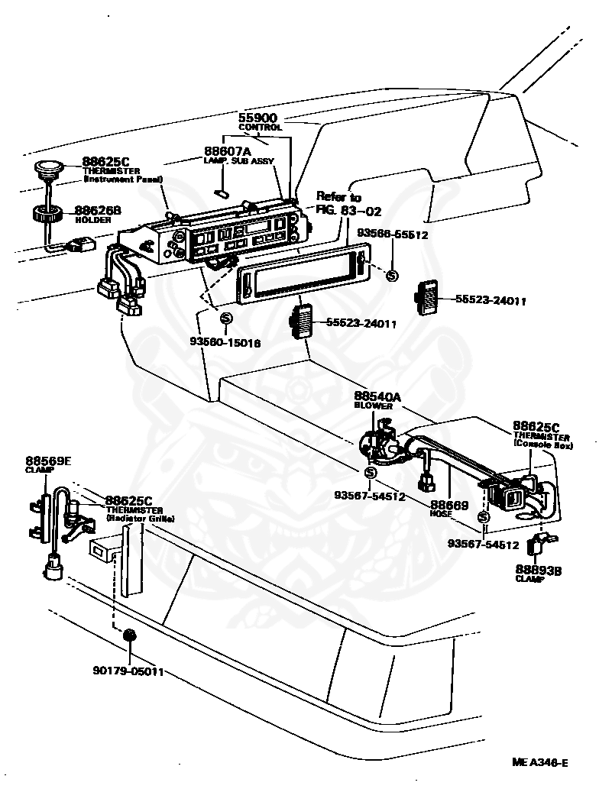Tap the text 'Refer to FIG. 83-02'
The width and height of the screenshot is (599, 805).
click(x=348, y=204)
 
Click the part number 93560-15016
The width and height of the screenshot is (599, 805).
click(x=225, y=343)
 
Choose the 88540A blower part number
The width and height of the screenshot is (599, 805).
click(x=377, y=397)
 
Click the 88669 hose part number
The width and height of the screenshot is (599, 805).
click(x=448, y=505)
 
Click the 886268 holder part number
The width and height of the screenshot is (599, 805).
click(x=97, y=210)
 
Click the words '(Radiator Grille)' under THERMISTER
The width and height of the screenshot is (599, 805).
click(x=140, y=519)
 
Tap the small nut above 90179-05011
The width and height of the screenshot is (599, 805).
click(x=129, y=635)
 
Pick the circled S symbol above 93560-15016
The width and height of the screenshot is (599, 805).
click(x=225, y=318)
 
